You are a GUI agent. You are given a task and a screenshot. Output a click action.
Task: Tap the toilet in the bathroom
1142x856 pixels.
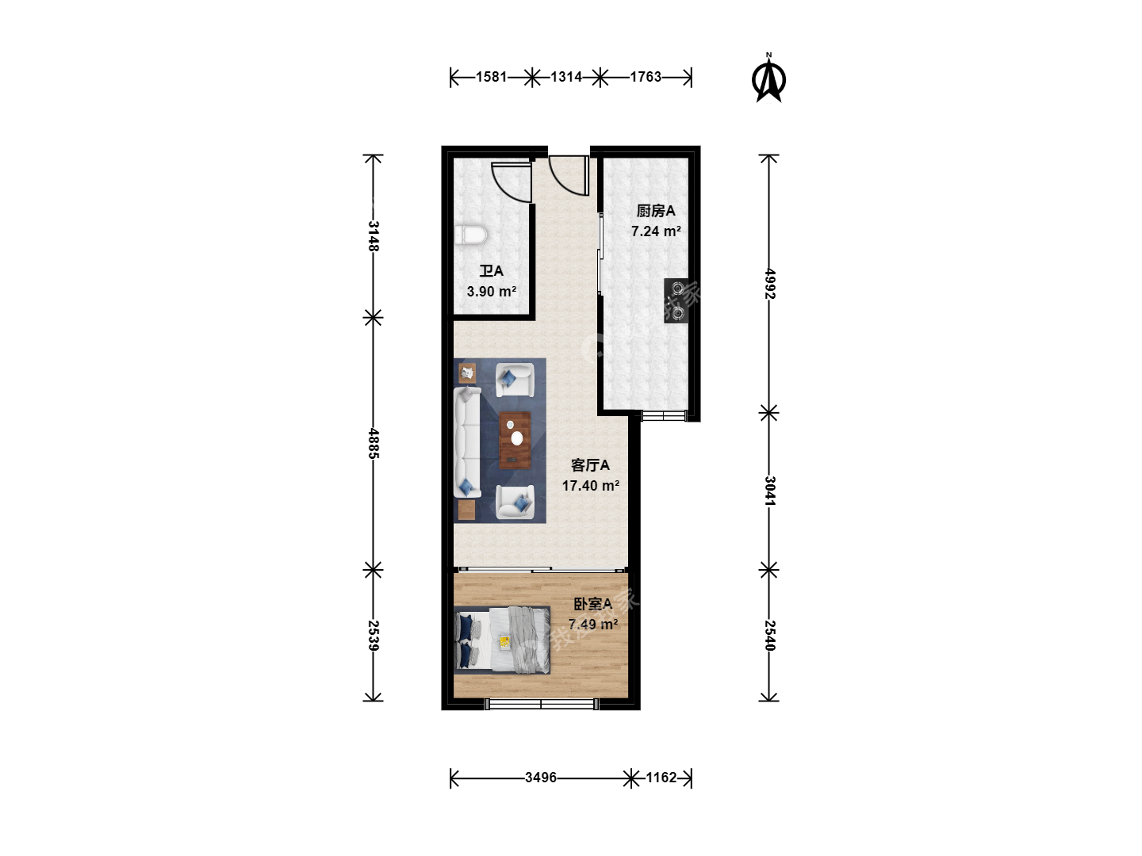470,235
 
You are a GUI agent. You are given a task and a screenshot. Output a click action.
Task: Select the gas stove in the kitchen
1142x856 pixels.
676,301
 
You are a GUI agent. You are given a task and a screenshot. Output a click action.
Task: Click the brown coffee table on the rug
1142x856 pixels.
515,440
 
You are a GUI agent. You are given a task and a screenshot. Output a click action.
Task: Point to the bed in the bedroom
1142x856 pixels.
502,640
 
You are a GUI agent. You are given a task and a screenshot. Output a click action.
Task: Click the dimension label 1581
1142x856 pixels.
491,77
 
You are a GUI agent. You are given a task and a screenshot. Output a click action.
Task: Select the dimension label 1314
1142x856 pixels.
566,77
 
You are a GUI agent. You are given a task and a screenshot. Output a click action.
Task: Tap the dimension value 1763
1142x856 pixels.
646,77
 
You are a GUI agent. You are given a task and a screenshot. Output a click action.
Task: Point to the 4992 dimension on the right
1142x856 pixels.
770,284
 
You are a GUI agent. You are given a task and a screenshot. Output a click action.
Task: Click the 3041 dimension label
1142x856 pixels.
770,491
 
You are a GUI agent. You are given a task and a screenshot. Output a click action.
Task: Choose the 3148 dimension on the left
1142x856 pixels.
374,236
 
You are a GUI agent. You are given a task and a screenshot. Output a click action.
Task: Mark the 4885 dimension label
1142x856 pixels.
374,443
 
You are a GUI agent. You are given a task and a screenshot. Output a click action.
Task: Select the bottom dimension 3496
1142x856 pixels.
541,778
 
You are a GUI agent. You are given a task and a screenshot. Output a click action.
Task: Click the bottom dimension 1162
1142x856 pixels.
661,778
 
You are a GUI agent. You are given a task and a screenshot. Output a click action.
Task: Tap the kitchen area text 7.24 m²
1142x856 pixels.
656,231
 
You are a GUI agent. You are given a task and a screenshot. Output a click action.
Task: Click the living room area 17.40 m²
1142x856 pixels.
591,485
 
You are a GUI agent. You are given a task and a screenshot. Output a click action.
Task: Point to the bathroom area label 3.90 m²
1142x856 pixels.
491,291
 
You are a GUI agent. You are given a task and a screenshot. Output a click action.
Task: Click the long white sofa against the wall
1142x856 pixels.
467,441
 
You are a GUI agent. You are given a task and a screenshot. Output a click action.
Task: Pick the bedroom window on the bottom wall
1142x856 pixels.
541,705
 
